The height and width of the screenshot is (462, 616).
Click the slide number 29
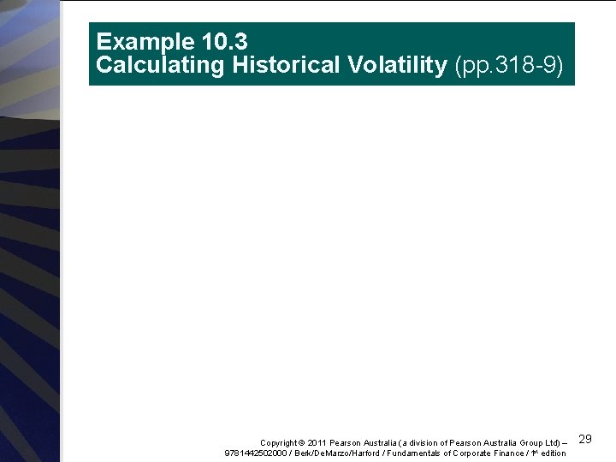point(586,439)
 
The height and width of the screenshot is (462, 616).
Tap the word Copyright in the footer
point(279,442)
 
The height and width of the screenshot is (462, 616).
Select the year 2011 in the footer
point(317,442)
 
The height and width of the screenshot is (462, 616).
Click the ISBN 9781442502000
point(255,453)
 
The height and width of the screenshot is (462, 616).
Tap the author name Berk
point(301,453)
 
